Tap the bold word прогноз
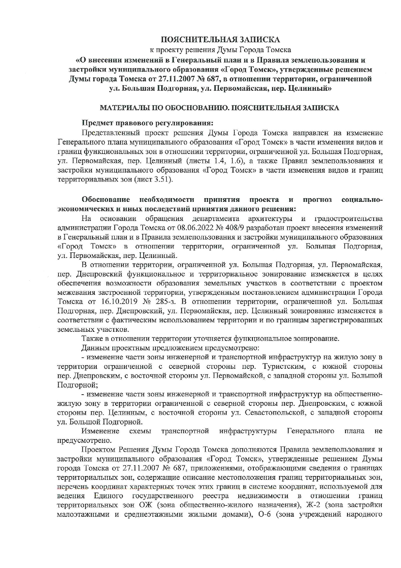(318, 200)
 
